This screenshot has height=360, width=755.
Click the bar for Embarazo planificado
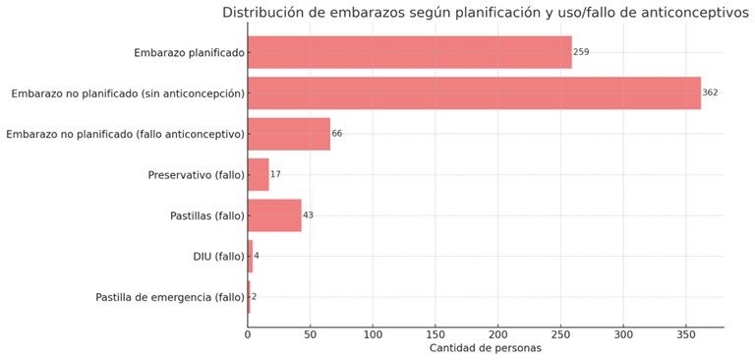409,52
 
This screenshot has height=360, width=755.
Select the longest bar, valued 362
474,92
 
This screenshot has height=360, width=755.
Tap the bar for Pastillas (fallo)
274,215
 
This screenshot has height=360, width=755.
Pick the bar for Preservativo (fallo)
258,174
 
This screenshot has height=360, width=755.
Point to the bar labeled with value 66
289,134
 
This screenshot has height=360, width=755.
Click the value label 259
581,52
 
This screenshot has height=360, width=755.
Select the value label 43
309,215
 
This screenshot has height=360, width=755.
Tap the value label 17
275,174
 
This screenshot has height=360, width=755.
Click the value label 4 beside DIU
257,256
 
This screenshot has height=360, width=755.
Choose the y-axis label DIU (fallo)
218,257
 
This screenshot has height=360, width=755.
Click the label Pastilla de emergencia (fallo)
169,297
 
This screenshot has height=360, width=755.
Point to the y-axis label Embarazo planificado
189,52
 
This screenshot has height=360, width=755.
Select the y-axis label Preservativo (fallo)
196,175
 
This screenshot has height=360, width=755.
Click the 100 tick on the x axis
373,335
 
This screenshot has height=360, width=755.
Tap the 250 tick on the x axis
560,335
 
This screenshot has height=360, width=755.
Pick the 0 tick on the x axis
248,335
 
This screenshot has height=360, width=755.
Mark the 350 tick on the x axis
686,335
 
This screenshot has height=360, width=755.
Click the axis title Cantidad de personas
485,349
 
